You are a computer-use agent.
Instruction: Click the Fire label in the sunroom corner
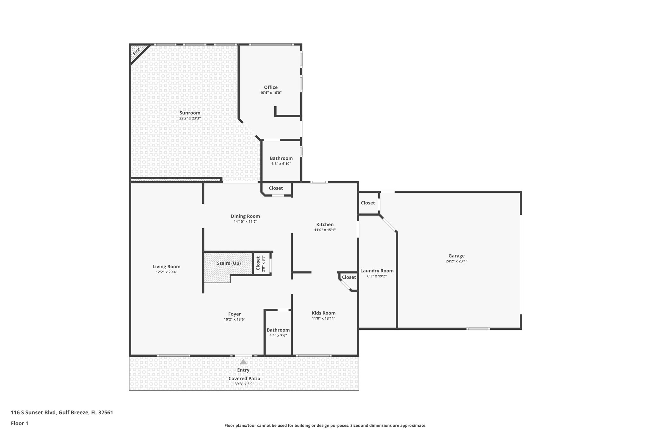tap(136, 51)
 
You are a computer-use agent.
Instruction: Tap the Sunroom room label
tap(190, 113)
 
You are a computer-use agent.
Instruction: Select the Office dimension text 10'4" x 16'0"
tap(271, 93)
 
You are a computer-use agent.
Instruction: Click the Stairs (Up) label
tap(229, 263)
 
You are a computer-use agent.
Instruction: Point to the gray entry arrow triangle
tap(243, 362)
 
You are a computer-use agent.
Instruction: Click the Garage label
tap(456, 256)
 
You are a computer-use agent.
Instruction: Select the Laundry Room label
tap(377, 271)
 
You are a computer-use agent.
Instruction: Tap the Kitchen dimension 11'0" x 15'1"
tap(325, 230)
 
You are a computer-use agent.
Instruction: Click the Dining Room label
tap(245, 216)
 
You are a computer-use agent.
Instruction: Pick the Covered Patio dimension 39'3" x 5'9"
tap(244, 384)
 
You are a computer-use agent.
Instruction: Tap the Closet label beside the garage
tap(368, 203)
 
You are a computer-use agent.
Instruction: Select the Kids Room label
tap(324, 313)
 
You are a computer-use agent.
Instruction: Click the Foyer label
tap(234, 314)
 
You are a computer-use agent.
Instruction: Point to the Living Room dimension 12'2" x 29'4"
tap(166, 272)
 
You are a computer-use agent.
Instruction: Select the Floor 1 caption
tap(20, 423)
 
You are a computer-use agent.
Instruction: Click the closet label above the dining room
tap(276, 188)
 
